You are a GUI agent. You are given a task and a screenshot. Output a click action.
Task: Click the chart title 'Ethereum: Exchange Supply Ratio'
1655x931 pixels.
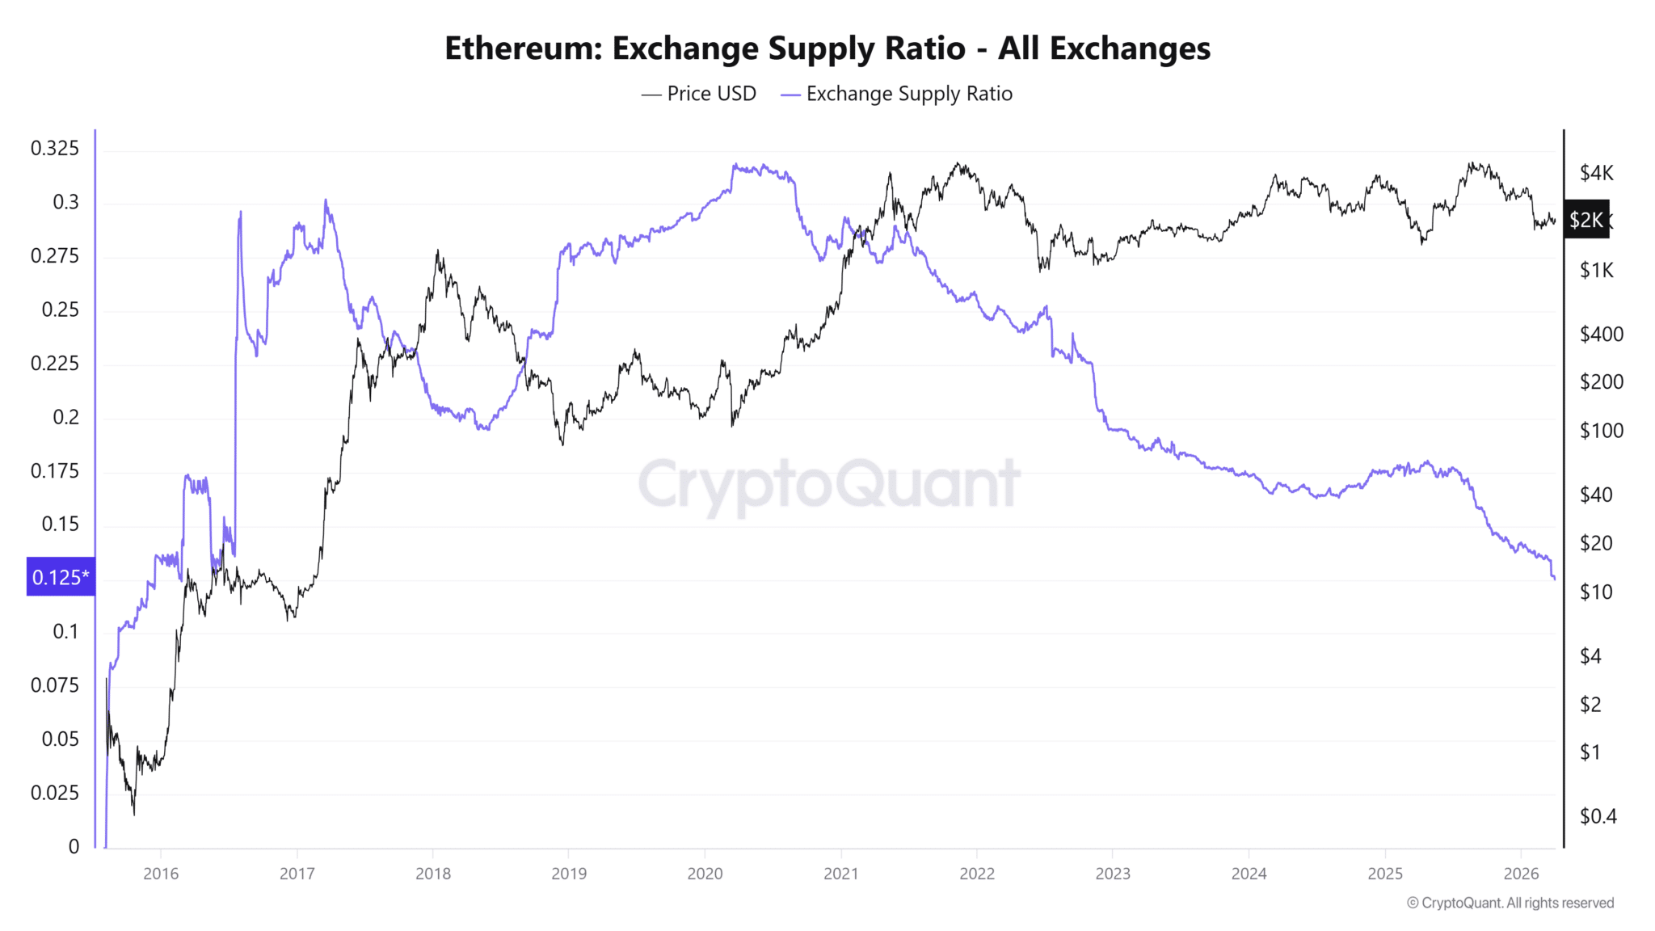827,48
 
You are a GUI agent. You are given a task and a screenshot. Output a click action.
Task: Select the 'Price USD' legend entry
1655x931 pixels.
700,94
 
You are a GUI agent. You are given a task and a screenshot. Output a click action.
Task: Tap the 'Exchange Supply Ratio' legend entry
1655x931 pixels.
897,94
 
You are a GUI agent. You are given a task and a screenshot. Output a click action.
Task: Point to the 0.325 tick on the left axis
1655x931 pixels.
55,148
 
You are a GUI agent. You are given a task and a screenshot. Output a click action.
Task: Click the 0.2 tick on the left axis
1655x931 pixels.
66,417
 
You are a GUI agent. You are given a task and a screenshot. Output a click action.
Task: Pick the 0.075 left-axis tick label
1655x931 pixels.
55,685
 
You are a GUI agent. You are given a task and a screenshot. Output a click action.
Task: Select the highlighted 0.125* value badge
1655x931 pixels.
61,577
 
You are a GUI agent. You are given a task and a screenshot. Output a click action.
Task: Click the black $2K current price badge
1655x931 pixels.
1586,220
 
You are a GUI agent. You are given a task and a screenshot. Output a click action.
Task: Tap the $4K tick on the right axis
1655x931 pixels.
1596,173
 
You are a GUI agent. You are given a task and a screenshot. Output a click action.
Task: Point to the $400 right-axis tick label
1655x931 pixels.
1601,334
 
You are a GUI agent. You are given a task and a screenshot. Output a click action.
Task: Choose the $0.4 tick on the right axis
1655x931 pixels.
1598,816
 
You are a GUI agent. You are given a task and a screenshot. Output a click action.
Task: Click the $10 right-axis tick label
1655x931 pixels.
1596,592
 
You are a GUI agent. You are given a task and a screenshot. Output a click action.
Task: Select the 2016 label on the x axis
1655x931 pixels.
161,874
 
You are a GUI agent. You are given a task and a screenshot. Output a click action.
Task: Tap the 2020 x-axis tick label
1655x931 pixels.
705,874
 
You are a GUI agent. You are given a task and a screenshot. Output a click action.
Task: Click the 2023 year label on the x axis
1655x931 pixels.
1113,874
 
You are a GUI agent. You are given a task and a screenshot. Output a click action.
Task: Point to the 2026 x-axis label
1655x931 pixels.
1521,874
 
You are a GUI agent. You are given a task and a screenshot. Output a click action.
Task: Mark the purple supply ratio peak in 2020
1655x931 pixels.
735,165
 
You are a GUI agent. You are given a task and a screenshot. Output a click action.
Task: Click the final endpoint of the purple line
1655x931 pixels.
1554,578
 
